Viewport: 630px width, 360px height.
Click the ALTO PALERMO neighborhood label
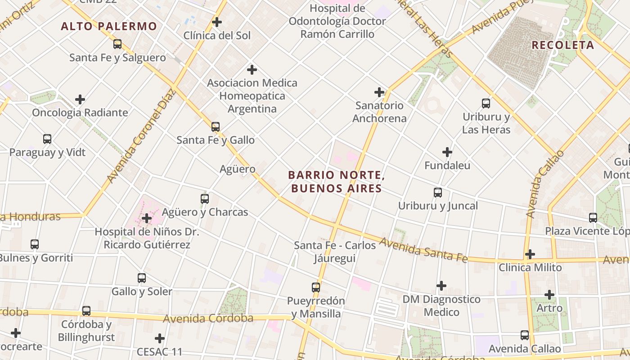pyautogui.click(x=109, y=26)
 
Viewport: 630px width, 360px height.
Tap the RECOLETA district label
pyautogui.click(x=563, y=45)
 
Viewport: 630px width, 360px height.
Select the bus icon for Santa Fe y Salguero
pyautogui.click(x=117, y=44)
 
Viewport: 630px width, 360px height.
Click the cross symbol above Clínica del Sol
pyautogui.click(x=217, y=22)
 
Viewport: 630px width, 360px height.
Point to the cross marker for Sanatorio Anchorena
pyautogui.click(x=379, y=92)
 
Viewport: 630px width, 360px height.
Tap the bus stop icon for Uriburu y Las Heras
pyautogui.click(x=486, y=103)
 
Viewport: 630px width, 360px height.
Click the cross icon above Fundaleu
pyautogui.click(x=447, y=152)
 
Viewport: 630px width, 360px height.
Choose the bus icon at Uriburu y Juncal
pyautogui.click(x=438, y=193)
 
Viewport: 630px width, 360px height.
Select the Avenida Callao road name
pyautogui.click(x=544, y=184)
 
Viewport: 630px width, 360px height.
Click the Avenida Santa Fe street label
pyautogui.click(x=423, y=250)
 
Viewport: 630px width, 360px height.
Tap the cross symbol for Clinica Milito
pyautogui.click(x=530, y=254)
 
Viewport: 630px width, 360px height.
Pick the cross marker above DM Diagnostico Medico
pyautogui.click(x=441, y=286)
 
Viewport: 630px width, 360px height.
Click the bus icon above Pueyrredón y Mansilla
pyautogui.click(x=316, y=287)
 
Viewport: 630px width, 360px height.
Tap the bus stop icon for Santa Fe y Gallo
pyautogui.click(x=216, y=127)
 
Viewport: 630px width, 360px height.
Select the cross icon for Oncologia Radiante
pyautogui.click(x=80, y=99)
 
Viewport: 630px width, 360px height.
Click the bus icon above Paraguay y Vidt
pyautogui.click(x=47, y=139)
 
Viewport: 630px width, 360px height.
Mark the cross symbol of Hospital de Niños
pyautogui.click(x=147, y=219)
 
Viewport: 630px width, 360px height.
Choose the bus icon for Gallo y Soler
pyautogui.click(x=142, y=278)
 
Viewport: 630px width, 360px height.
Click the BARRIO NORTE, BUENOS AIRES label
pyautogui.click(x=337, y=181)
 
